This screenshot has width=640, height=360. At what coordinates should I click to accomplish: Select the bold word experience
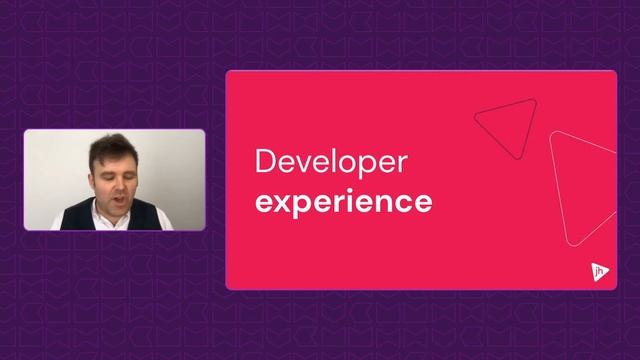click(x=344, y=201)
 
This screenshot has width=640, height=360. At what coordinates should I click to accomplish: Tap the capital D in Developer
click(x=264, y=161)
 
